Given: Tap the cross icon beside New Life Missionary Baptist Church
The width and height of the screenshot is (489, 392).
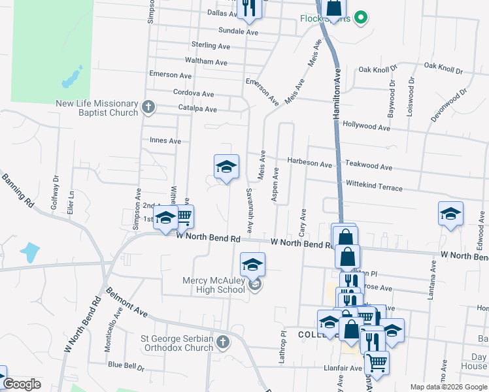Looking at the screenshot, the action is click(148, 106).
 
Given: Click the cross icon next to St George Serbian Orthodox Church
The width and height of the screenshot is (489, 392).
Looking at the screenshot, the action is click(223, 342).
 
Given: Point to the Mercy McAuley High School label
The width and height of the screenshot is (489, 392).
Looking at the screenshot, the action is click(214, 285).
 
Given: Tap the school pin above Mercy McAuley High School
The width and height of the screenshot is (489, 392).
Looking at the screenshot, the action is click(253, 265).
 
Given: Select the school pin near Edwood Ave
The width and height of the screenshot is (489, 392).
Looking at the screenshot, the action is click(450, 214).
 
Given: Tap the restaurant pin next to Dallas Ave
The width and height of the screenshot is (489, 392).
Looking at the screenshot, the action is click(248, 7).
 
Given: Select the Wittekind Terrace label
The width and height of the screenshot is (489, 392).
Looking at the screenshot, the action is click(374, 187).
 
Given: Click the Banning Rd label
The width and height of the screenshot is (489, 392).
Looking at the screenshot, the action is click(18, 190).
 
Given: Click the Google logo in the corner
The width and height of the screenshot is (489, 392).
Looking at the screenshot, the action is click(22, 385).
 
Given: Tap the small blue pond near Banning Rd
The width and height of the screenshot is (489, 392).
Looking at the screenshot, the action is click(29, 250).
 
